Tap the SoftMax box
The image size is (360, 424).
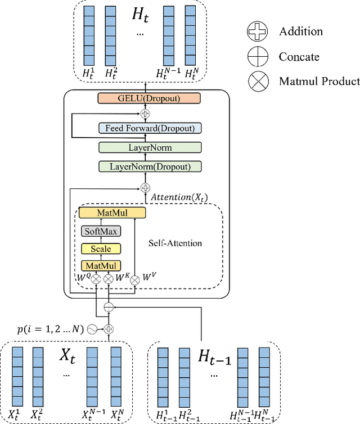click(x=101, y=231)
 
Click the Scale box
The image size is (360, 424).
click(x=101, y=249)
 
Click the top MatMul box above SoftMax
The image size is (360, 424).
click(x=112, y=213)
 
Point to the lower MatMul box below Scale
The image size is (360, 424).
click(x=101, y=265)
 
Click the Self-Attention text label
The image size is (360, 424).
click(x=175, y=243)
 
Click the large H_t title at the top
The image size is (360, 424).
click(x=141, y=16)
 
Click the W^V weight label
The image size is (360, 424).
click(x=148, y=276)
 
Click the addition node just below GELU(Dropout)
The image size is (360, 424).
click(x=145, y=114)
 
